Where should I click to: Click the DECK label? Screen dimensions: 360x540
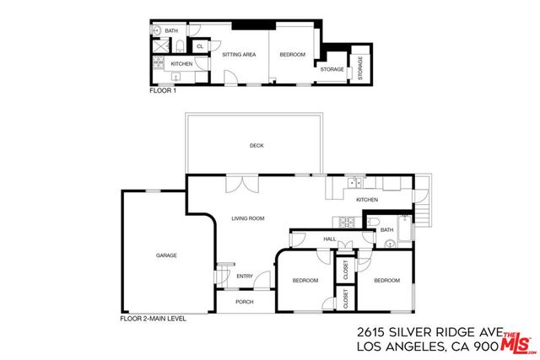pyautogui.click(x=256, y=146)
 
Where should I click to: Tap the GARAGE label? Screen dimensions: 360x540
pyautogui.click(x=165, y=255)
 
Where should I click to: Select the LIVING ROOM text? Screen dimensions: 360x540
pyautogui.click(x=248, y=218)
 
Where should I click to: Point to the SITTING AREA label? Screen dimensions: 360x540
pyautogui.click(x=239, y=55)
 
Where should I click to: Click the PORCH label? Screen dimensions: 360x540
pyautogui.click(x=245, y=302)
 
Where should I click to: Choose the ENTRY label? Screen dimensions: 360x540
pyautogui.click(x=245, y=276)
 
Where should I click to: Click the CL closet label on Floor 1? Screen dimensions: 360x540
pyautogui.click(x=200, y=46)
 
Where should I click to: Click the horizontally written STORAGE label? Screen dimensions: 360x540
pyautogui.click(x=332, y=70)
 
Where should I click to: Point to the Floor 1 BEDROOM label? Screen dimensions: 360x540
pyautogui.click(x=293, y=55)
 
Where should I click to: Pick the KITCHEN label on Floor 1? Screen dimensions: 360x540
pyautogui.click(x=182, y=64)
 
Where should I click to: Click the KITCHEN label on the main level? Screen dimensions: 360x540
pyautogui.click(x=366, y=200)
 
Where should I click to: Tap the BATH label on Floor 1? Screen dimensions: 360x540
pyautogui.click(x=171, y=31)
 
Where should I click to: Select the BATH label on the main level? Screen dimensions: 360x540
pyautogui.click(x=386, y=229)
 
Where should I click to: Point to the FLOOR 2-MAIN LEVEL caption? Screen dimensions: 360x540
pyautogui.click(x=154, y=319)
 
